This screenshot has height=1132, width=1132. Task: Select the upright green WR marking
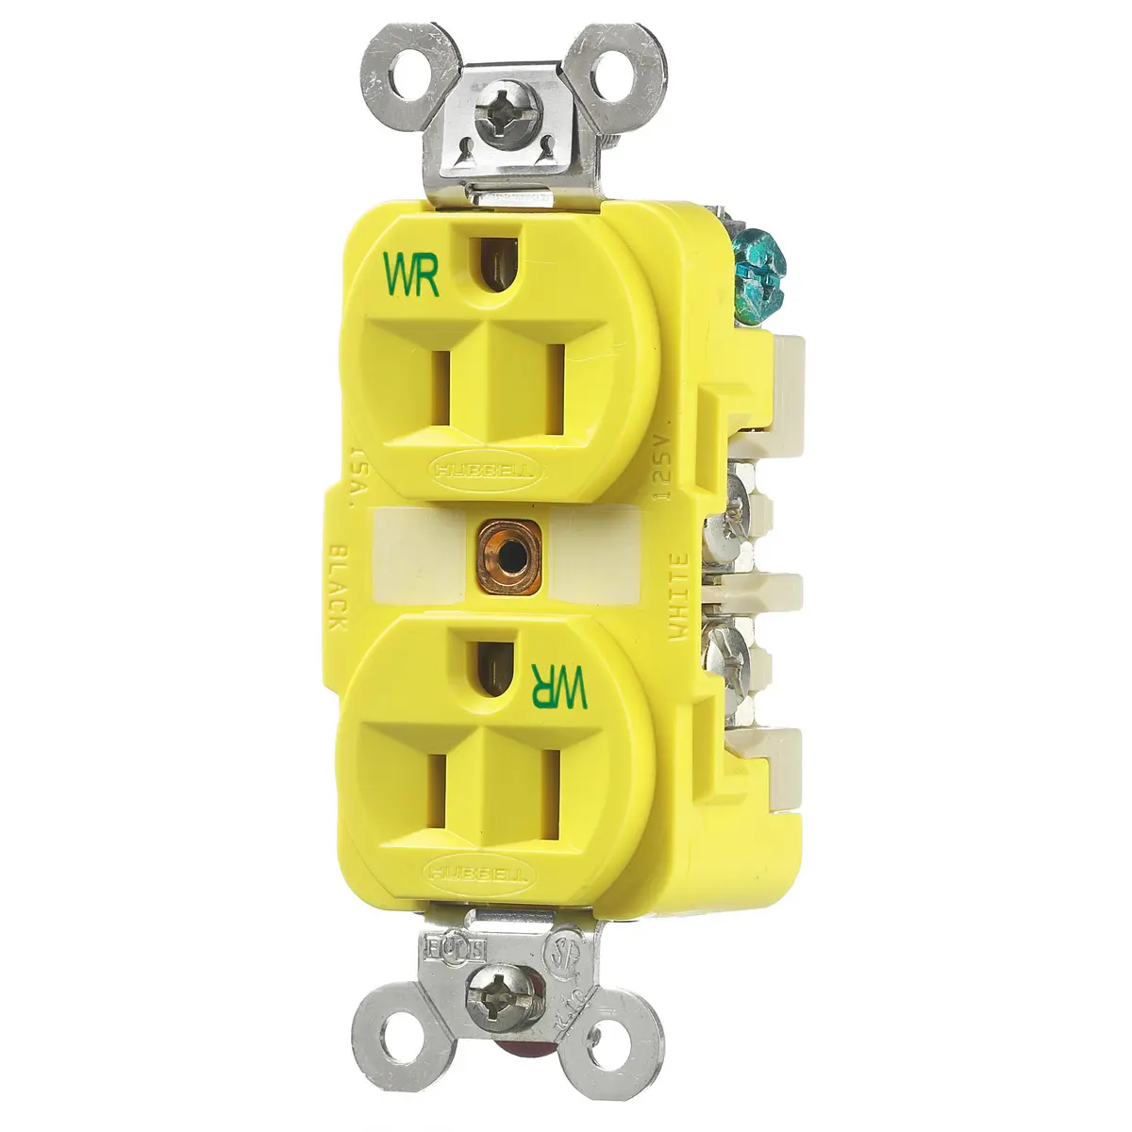(x=412, y=274)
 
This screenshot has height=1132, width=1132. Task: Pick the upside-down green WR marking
(x=560, y=684)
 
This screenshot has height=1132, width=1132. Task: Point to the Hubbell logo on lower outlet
(x=475, y=873)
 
